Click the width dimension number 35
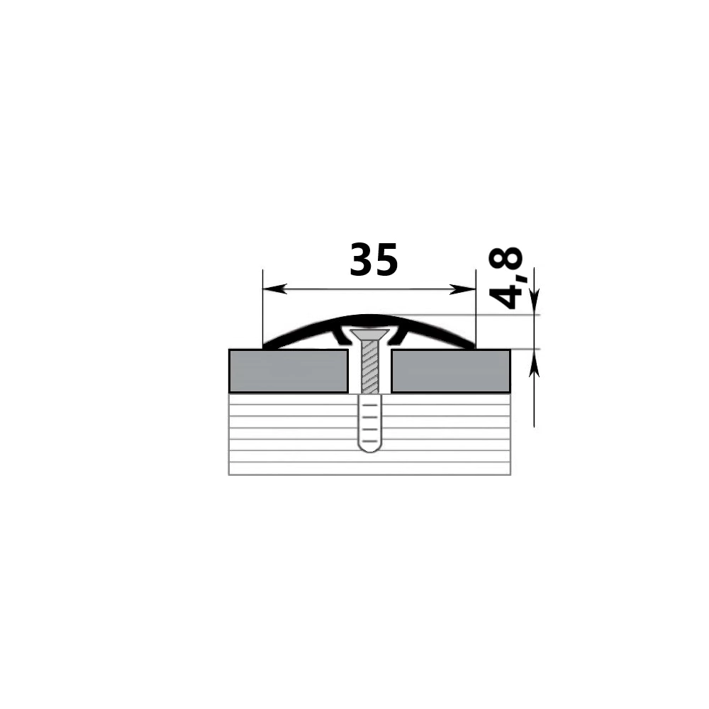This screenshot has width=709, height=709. (374, 259)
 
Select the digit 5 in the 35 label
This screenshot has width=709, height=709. (387, 259)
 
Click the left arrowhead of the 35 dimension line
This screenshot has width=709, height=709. (274, 289)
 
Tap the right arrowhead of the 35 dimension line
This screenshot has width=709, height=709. (463, 289)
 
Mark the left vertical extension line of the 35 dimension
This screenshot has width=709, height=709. (263, 309)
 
